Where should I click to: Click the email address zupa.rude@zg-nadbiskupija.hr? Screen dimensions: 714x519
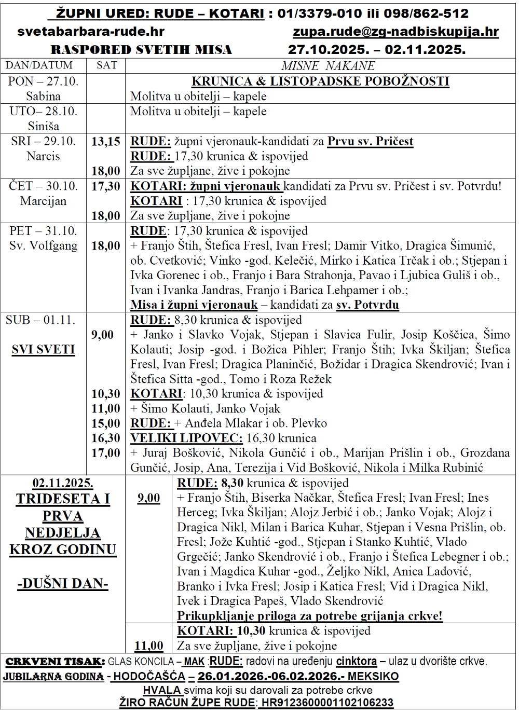[395, 32]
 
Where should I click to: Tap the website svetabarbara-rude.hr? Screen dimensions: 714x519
[91, 32]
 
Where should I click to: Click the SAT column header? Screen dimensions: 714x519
[107, 65]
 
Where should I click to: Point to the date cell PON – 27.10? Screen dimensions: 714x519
[43, 81]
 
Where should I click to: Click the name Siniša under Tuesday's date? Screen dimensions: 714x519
[43, 126]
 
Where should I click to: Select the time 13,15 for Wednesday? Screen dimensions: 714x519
[106, 142]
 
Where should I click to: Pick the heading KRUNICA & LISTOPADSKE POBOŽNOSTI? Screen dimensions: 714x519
[320, 81]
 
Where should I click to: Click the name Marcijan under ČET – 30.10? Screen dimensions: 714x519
[43, 201]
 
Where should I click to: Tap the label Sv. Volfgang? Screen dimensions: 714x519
[43, 245]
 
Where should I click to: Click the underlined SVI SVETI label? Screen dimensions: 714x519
[43, 350]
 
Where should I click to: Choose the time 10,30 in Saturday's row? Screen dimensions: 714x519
[106, 394]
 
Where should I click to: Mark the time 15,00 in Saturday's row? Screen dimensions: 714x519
[106, 424]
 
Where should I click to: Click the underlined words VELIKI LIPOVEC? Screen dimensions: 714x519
[186, 438]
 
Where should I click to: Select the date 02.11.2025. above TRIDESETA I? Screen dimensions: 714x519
[63, 484]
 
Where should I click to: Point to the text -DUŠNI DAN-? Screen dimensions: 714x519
[63, 584]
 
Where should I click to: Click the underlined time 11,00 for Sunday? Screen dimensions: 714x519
[149, 646]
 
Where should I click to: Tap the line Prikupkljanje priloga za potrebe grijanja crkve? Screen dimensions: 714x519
[310, 616]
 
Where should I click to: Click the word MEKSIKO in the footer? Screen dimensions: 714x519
[373, 677]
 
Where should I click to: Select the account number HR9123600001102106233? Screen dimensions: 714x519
[327, 703]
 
